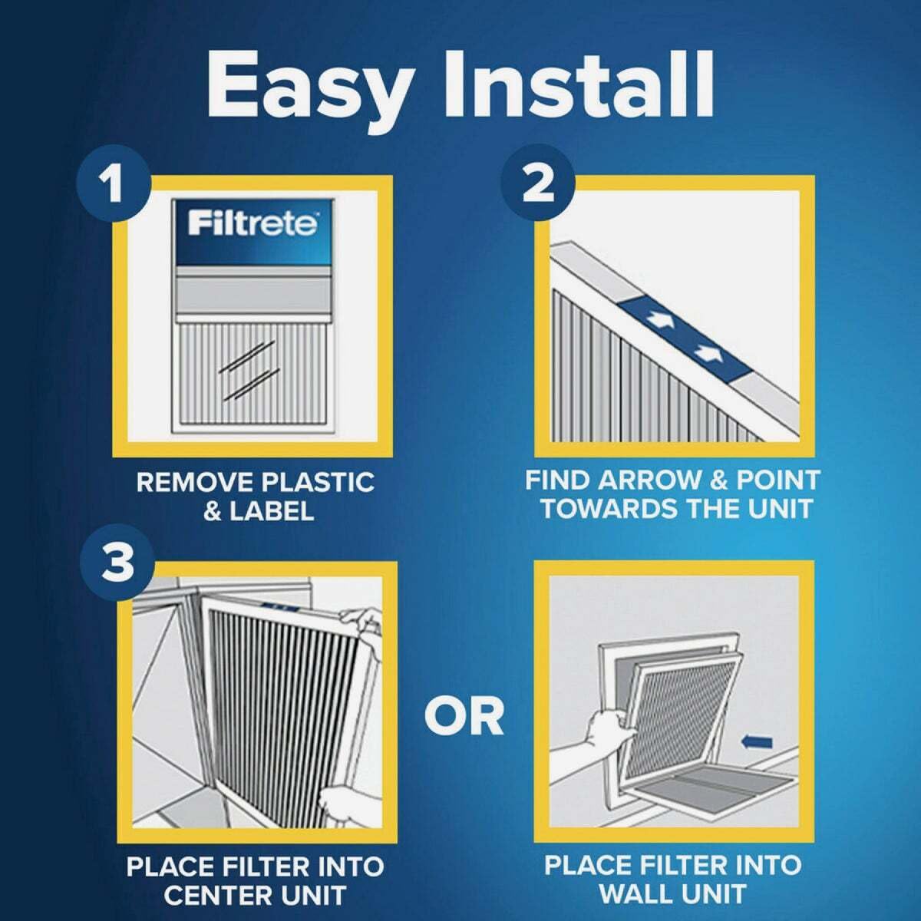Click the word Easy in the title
click(305, 84)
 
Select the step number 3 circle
click(117, 563)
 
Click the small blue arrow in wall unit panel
click(758, 741)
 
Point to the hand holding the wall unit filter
click(603, 725)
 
